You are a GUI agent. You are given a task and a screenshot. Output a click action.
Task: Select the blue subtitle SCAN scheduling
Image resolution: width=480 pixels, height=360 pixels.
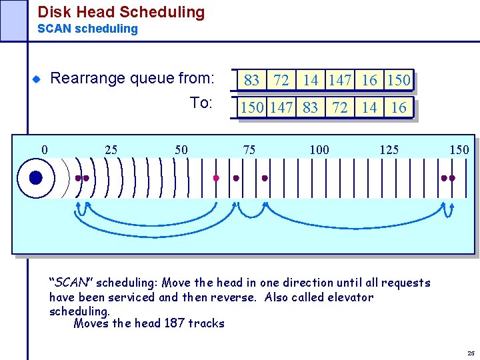pyautogui.click(x=87, y=29)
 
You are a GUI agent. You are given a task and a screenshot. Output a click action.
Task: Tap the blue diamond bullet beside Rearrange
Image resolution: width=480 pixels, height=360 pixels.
pyautogui.click(x=37, y=79)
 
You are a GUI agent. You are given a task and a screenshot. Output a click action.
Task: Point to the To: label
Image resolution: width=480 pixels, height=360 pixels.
pyautogui.click(x=201, y=103)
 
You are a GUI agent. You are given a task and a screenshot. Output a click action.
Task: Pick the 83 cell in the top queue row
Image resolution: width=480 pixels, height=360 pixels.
pyautogui.click(x=252, y=81)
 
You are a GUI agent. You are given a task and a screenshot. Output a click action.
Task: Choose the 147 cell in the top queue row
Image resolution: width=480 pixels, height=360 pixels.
pyautogui.click(x=340, y=81)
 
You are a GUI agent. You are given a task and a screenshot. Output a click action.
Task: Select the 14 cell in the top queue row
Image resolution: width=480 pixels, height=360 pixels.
pyautogui.click(x=311, y=81)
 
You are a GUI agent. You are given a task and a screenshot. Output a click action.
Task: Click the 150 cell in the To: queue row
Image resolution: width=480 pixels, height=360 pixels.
pyautogui.click(x=252, y=108)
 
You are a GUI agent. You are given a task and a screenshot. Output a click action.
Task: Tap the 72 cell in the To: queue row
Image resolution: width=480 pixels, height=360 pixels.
pyautogui.click(x=340, y=108)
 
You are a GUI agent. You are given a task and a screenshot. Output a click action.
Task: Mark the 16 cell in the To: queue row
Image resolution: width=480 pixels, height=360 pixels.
pyautogui.click(x=399, y=108)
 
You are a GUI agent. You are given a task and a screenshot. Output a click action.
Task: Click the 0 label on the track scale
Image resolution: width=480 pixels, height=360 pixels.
pyautogui.click(x=45, y=149)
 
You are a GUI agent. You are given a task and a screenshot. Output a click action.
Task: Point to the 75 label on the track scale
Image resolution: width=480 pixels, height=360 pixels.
pyautogui.click(x=249, y=149)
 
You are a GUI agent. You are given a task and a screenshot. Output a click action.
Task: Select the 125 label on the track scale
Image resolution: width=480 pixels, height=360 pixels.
pyautogui.click(x=389, y=149)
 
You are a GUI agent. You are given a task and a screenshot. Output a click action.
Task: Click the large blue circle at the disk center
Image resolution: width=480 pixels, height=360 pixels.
pyautogui.click(x=36, y=178)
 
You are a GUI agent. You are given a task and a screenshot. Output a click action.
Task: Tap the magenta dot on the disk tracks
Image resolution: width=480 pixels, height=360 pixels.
pyautogui.click(x=215, y=179)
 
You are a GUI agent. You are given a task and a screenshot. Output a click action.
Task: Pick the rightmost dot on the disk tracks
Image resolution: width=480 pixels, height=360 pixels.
pyautogui.click(x=453, y=179)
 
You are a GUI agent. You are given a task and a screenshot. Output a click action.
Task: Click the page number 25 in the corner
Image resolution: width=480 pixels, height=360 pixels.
pyautogui.click(x=471, y=353)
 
